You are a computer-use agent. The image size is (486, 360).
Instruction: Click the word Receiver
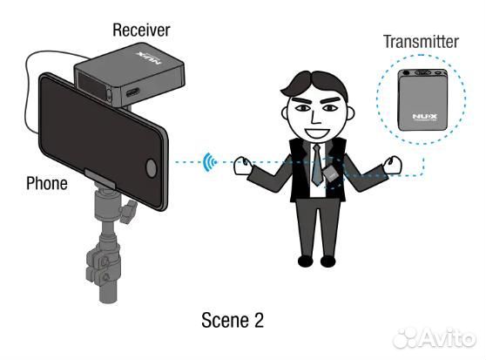point(141,31)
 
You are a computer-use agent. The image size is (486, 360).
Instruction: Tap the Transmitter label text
point(421,42)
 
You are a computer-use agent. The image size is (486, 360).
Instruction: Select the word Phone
point(47,183)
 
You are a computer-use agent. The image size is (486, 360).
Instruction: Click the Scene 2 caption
point(233,320)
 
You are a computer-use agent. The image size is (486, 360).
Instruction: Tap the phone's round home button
point(151,167)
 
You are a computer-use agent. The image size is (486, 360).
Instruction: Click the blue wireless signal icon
point(210,162)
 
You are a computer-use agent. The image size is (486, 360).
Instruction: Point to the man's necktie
point(317,165)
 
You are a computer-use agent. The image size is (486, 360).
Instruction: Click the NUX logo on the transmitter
point(425,117)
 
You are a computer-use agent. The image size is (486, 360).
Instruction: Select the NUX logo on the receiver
point(149,58)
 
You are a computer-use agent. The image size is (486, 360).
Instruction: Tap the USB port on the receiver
point(132,92)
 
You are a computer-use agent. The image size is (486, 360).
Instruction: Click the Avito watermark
point(434,337)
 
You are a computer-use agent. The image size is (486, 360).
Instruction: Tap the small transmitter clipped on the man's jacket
point(330,173)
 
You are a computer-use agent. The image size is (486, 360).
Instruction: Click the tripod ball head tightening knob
point(128,212)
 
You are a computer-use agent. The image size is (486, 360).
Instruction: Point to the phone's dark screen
point(101,139)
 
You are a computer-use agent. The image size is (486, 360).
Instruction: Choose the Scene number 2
point(259,320)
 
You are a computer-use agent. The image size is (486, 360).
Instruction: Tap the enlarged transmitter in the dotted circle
point(422,99)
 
